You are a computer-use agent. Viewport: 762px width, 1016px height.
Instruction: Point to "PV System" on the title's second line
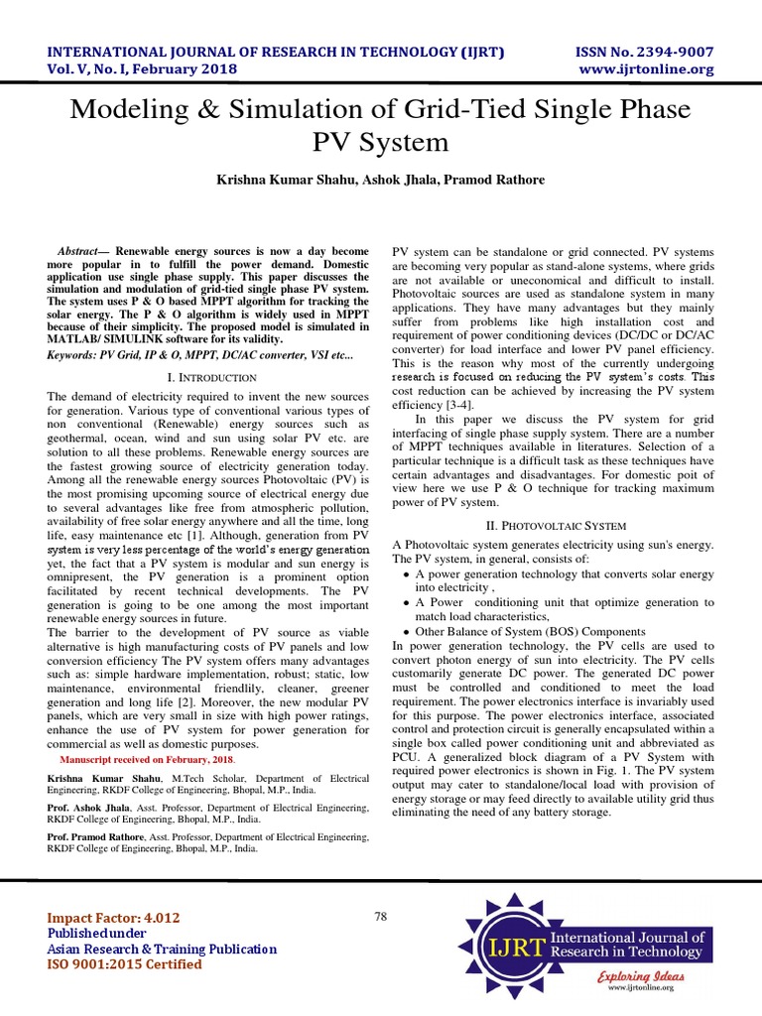[x=381, y=142]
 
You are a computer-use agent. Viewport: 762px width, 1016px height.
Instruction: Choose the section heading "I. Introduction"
[x=208, y=378]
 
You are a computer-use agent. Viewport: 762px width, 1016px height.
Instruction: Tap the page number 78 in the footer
[x=381, y=917]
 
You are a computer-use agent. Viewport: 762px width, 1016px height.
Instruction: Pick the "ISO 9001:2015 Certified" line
[x=124, y=964]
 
